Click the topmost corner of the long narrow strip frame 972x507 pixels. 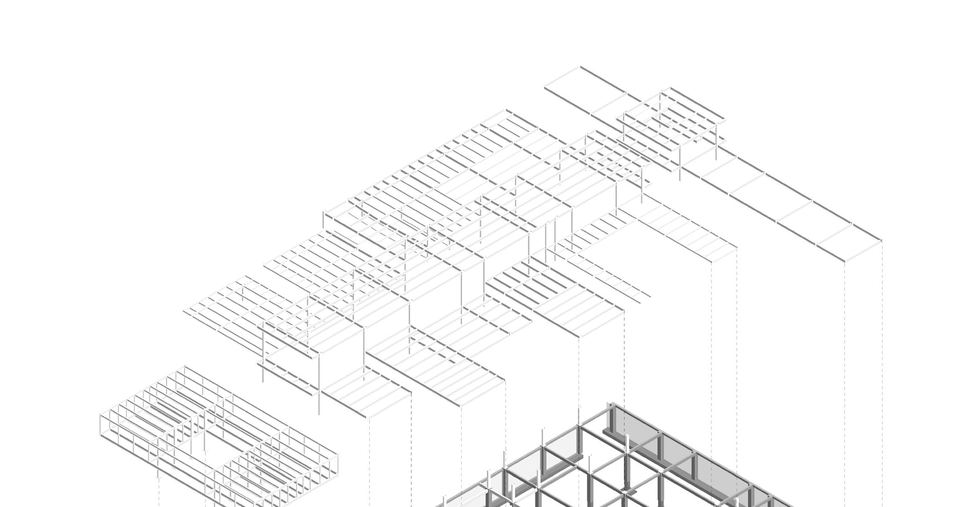pyautogui.click(x=580, y=67)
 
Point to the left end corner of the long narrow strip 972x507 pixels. pyautogui.click(x=545, y=86)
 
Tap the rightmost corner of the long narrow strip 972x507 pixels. pyautogui.click(x=881, y=240)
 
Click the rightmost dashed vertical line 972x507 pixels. pyautogui.click(x=882, y=363)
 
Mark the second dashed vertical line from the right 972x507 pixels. pyautogui.click(x=845, y=363)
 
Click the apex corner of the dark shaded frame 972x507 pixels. pyautogui.click(x=611, y=403)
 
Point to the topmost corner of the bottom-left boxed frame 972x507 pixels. pyautogui.click(x=185, y=367)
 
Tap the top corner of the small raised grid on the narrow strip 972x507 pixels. pyautogui.click(x=670, y=89)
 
